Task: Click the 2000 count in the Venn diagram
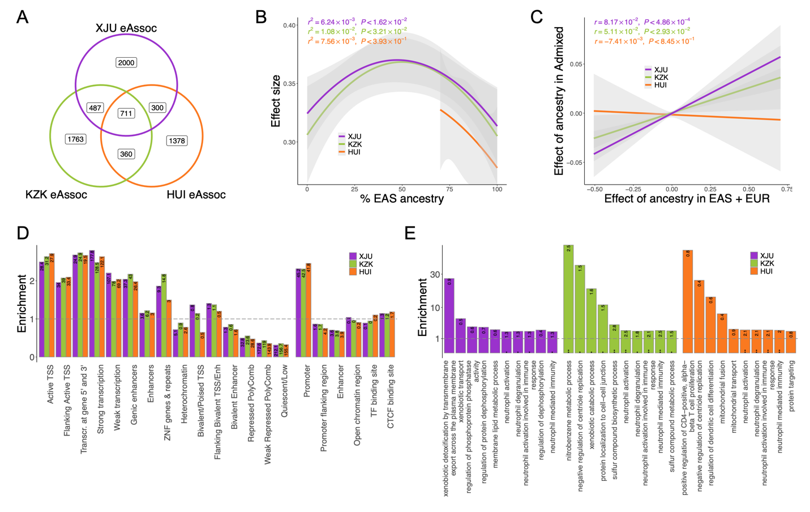coord(126,62)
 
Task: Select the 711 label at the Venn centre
coord(126,113)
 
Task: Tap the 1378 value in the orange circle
coord(177,140)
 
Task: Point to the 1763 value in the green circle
coord(75,139)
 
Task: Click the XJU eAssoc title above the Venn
coord(126,28)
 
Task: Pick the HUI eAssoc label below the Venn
coord(196,195)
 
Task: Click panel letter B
coord(261,17)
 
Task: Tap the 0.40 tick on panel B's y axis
coord(289,25)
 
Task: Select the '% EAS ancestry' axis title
coord(401,199)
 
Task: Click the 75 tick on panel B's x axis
coord(449,189)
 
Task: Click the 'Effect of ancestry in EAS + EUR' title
coord(687,199)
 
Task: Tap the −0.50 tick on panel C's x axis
coord(594,189)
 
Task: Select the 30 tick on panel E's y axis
coord(435,275)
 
